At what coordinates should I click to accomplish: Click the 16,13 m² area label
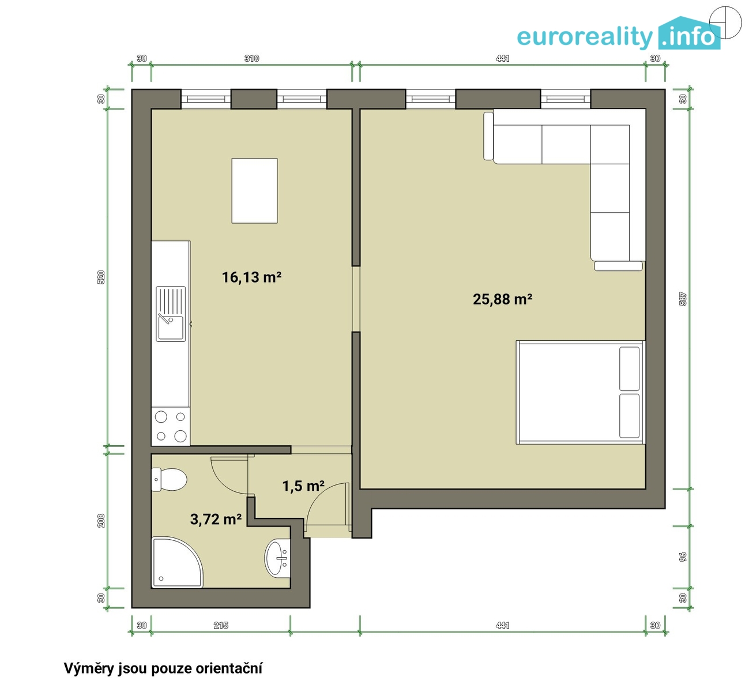[x=251, y=277]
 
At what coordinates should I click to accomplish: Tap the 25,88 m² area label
[x=503, y=299]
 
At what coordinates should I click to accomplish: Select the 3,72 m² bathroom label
[x=216, y=520]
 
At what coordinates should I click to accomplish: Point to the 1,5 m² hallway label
[x=304, y=486]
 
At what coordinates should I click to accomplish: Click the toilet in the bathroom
[x=169, y=480]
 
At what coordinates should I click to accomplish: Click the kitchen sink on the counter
[x=171, y=314]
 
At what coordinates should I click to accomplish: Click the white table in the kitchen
[x=255, y=190]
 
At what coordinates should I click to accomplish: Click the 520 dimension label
[x=101, y=277]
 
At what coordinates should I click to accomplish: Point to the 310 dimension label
[x=251, y=58]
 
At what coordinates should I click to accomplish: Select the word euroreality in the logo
[x=585, y=36]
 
